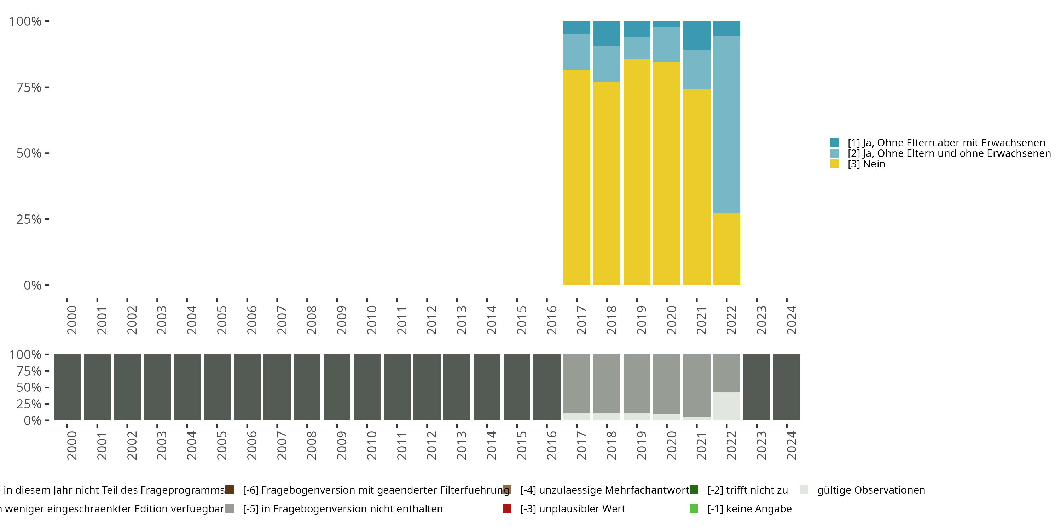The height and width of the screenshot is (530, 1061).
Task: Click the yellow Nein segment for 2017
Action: pos(576,177)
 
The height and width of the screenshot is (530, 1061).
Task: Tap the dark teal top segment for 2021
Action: pos(696,35)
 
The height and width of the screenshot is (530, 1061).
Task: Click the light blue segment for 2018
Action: pos(607,64)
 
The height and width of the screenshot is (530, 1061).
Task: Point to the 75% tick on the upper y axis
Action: pos(47,87)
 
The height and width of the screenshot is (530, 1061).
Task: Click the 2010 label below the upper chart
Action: pos(371,320)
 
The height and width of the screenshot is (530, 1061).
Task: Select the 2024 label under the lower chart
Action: pos(791,445)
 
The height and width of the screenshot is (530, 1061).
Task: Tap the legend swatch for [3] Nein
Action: pos(834,164)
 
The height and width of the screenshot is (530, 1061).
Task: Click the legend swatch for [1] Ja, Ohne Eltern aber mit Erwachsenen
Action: pos(834,143)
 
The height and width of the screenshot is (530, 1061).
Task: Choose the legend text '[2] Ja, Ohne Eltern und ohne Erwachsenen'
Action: pos(949,153)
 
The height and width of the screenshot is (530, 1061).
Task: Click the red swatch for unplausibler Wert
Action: pos(507,508)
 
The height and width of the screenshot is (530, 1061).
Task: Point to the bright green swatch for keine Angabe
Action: pos(694,508)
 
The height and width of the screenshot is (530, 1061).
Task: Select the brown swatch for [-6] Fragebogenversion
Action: pos(230,490)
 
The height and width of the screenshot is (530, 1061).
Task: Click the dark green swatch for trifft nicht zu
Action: pos(694,490)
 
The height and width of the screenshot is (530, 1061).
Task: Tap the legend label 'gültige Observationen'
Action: pos(871,490)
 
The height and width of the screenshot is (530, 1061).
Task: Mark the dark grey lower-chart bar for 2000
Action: pos(67,387)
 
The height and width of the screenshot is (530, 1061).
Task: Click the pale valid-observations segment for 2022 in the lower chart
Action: pos(726,406)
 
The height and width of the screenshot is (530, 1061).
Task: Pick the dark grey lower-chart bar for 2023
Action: pos(756,387)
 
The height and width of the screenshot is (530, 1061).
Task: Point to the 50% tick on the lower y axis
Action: pos(47,387)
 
